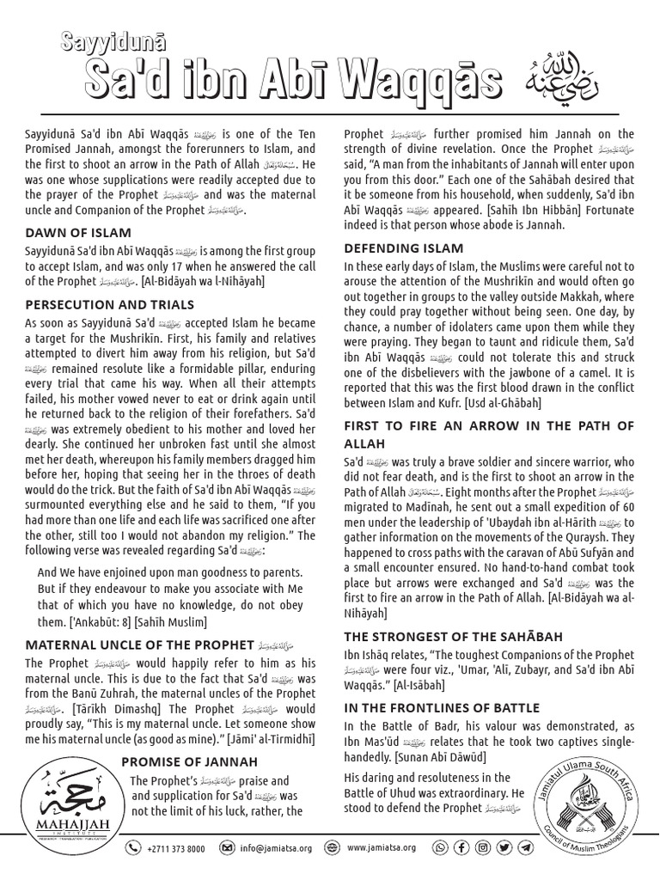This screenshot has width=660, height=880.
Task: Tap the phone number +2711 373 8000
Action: [x=175, y=847]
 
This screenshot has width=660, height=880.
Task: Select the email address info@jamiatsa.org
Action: [x=274, y=847]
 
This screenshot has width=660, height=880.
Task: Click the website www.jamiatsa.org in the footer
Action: [x=382, y=847]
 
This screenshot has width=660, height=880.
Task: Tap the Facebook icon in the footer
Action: [x=461, y=847]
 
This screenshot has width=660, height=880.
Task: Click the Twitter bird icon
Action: [x=504, y=847]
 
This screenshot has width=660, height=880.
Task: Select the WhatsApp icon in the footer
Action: [x=441, y=847]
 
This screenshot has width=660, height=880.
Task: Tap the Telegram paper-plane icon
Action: [x=525, y=847]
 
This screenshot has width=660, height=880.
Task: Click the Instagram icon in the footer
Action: [x=483, y=847]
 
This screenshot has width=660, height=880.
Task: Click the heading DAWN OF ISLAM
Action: [x=78, y=232]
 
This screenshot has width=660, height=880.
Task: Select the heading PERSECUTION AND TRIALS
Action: [x=110, y=304]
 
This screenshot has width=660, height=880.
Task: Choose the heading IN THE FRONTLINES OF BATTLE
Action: [x=442, y=707]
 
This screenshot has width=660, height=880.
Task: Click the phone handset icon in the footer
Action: [x=133, y=847]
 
